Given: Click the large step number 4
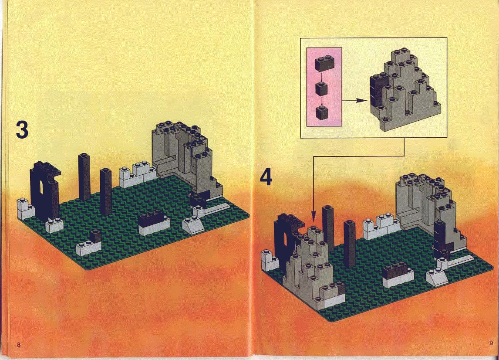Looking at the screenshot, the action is (x=266, y=177).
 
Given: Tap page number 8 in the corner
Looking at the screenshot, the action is (x=19, y=345).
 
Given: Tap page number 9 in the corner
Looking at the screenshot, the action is (x=491, y=343).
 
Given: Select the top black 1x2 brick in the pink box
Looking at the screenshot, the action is (x=324, y=63).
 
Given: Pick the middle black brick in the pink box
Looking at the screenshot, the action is (x=321, y=88).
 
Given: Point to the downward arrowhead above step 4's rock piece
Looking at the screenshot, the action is (x=313, y=219).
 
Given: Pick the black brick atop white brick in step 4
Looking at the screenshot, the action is (x=395, y=270).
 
